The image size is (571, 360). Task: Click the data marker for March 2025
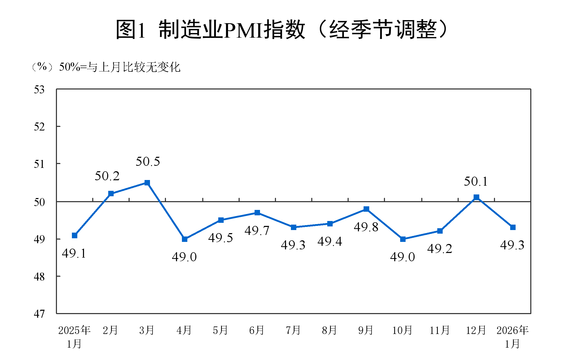click(147, 183)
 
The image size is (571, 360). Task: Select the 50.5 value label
click(148, 162)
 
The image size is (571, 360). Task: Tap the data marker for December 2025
click(476, 197)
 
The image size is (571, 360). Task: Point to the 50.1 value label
click(476, 182)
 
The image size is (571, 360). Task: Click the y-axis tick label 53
click(39, 90)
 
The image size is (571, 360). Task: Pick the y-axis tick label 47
click(39, 314)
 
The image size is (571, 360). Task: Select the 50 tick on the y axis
click(39, 202)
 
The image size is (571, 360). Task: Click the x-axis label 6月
click(257, 330)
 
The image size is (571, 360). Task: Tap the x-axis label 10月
click(402, 330)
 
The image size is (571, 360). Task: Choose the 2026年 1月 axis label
click(512, 337)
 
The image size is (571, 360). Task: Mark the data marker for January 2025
click(75, 235)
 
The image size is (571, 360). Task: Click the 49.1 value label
click(74, 253)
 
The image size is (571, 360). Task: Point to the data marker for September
click(366, 209)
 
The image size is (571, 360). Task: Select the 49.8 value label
click(366, 227)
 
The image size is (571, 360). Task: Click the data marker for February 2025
click(111, 194)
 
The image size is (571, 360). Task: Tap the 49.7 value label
click(257, 231)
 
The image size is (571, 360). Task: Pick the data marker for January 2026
click(513, 227)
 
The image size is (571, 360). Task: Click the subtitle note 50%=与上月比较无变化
click(120, 67)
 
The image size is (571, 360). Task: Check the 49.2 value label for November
click(440, 249)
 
